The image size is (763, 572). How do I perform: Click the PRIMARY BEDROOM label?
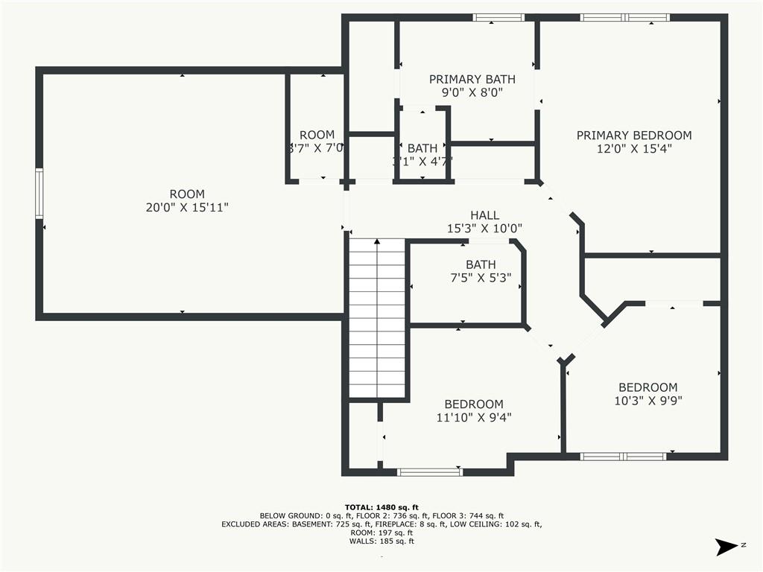point(633,136)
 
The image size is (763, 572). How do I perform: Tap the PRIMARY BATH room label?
point(472,79)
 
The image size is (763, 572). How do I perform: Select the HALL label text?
point(484,215)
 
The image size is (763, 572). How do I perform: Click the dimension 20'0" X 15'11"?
point(186,208)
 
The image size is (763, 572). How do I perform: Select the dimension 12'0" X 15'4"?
point(633,149)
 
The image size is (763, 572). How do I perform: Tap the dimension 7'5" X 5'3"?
point(481,278)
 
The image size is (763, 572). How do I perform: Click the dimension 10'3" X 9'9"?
point(648,401)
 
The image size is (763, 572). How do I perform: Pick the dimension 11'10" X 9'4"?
point(474,418)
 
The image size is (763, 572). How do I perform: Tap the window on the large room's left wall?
point(39,193)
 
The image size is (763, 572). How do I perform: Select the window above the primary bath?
point(498,17)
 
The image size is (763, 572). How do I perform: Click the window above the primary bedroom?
point(624,17)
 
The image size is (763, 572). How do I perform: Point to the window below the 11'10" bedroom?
point(429,471)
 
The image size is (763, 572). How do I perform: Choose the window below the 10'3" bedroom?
point(623,456)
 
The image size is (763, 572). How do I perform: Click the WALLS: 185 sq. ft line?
point(381,541)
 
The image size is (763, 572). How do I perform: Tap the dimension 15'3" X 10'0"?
point(484,229)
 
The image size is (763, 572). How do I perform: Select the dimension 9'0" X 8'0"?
point(472,93)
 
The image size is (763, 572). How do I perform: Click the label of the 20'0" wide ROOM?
point(186,194)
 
